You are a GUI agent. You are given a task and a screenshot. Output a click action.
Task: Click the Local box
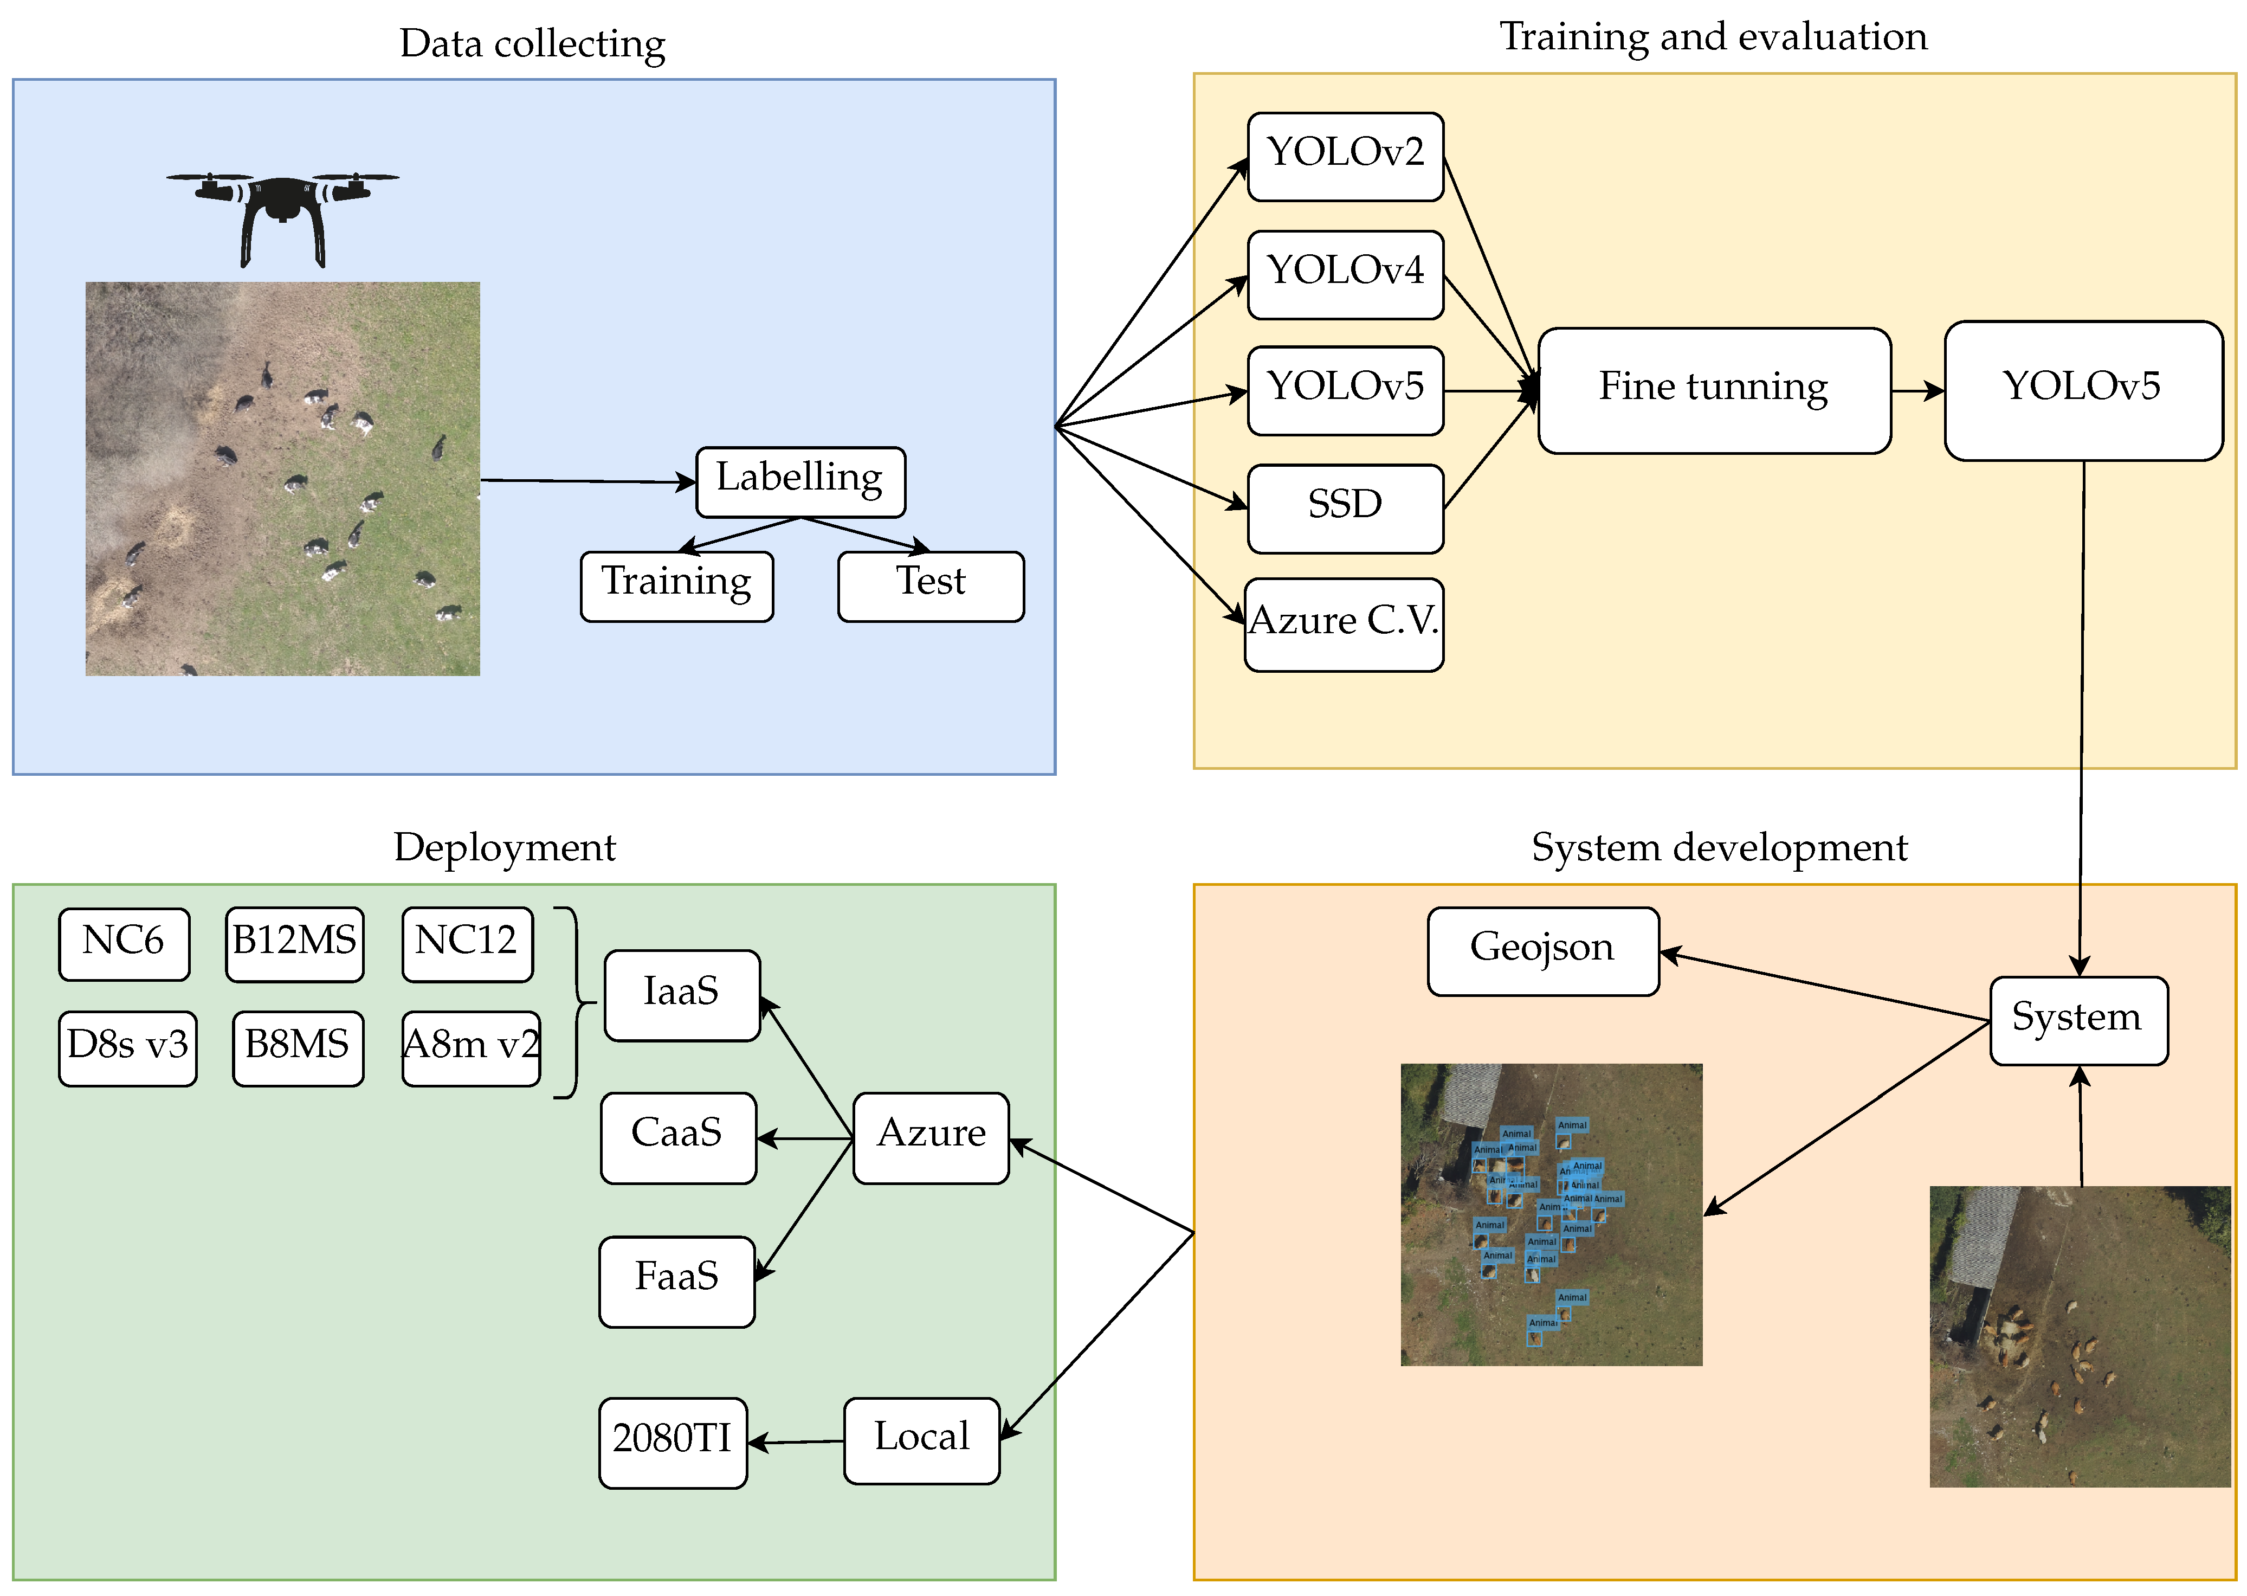[921, 1440]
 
